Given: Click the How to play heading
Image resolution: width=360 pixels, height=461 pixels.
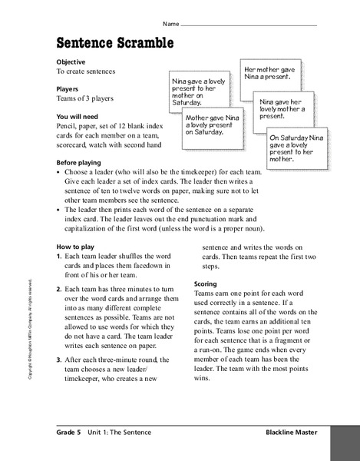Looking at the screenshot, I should pyautogui.click(x=75, y=246).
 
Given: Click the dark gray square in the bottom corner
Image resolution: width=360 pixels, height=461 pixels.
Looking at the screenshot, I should pyautogui.click(x=346, y=442).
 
